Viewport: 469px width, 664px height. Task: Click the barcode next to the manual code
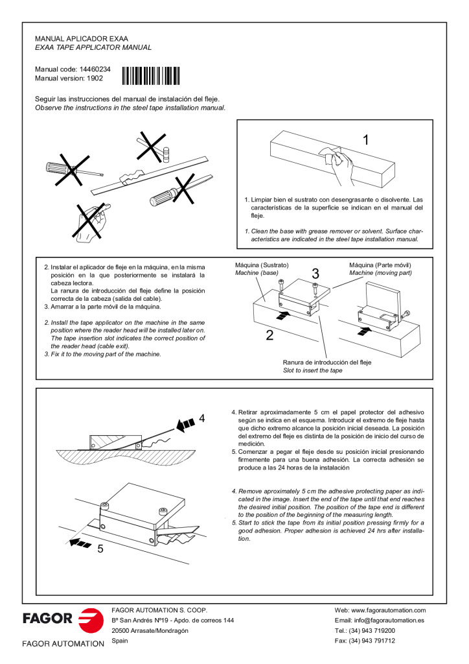coord(151,76)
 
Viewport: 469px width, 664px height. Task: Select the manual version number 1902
coord(95,78)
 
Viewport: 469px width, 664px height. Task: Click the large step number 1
coord(366,139)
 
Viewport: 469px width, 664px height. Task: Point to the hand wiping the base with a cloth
coord(337,160)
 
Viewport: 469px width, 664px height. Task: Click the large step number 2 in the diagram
coord(269,335)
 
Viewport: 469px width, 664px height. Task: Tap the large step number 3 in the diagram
coord(315,273)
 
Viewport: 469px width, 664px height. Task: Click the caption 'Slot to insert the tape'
coord(312,371)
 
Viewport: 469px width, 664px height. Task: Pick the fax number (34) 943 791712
coord(374,641)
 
